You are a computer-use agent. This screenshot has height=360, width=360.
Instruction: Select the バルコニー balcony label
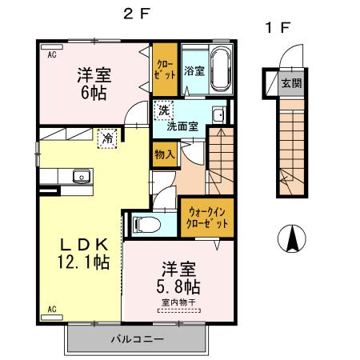tap(137, 339)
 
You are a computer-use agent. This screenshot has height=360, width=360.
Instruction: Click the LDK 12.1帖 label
tap(83, 254)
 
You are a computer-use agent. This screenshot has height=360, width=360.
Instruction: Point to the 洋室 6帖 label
tap(94, 83)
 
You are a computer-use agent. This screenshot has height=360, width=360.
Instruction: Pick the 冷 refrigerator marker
tap(106, 138)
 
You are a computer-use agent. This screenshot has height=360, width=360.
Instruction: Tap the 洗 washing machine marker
tap(163, 110)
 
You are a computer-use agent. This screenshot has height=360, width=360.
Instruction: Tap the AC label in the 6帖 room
tap(51, 55)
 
